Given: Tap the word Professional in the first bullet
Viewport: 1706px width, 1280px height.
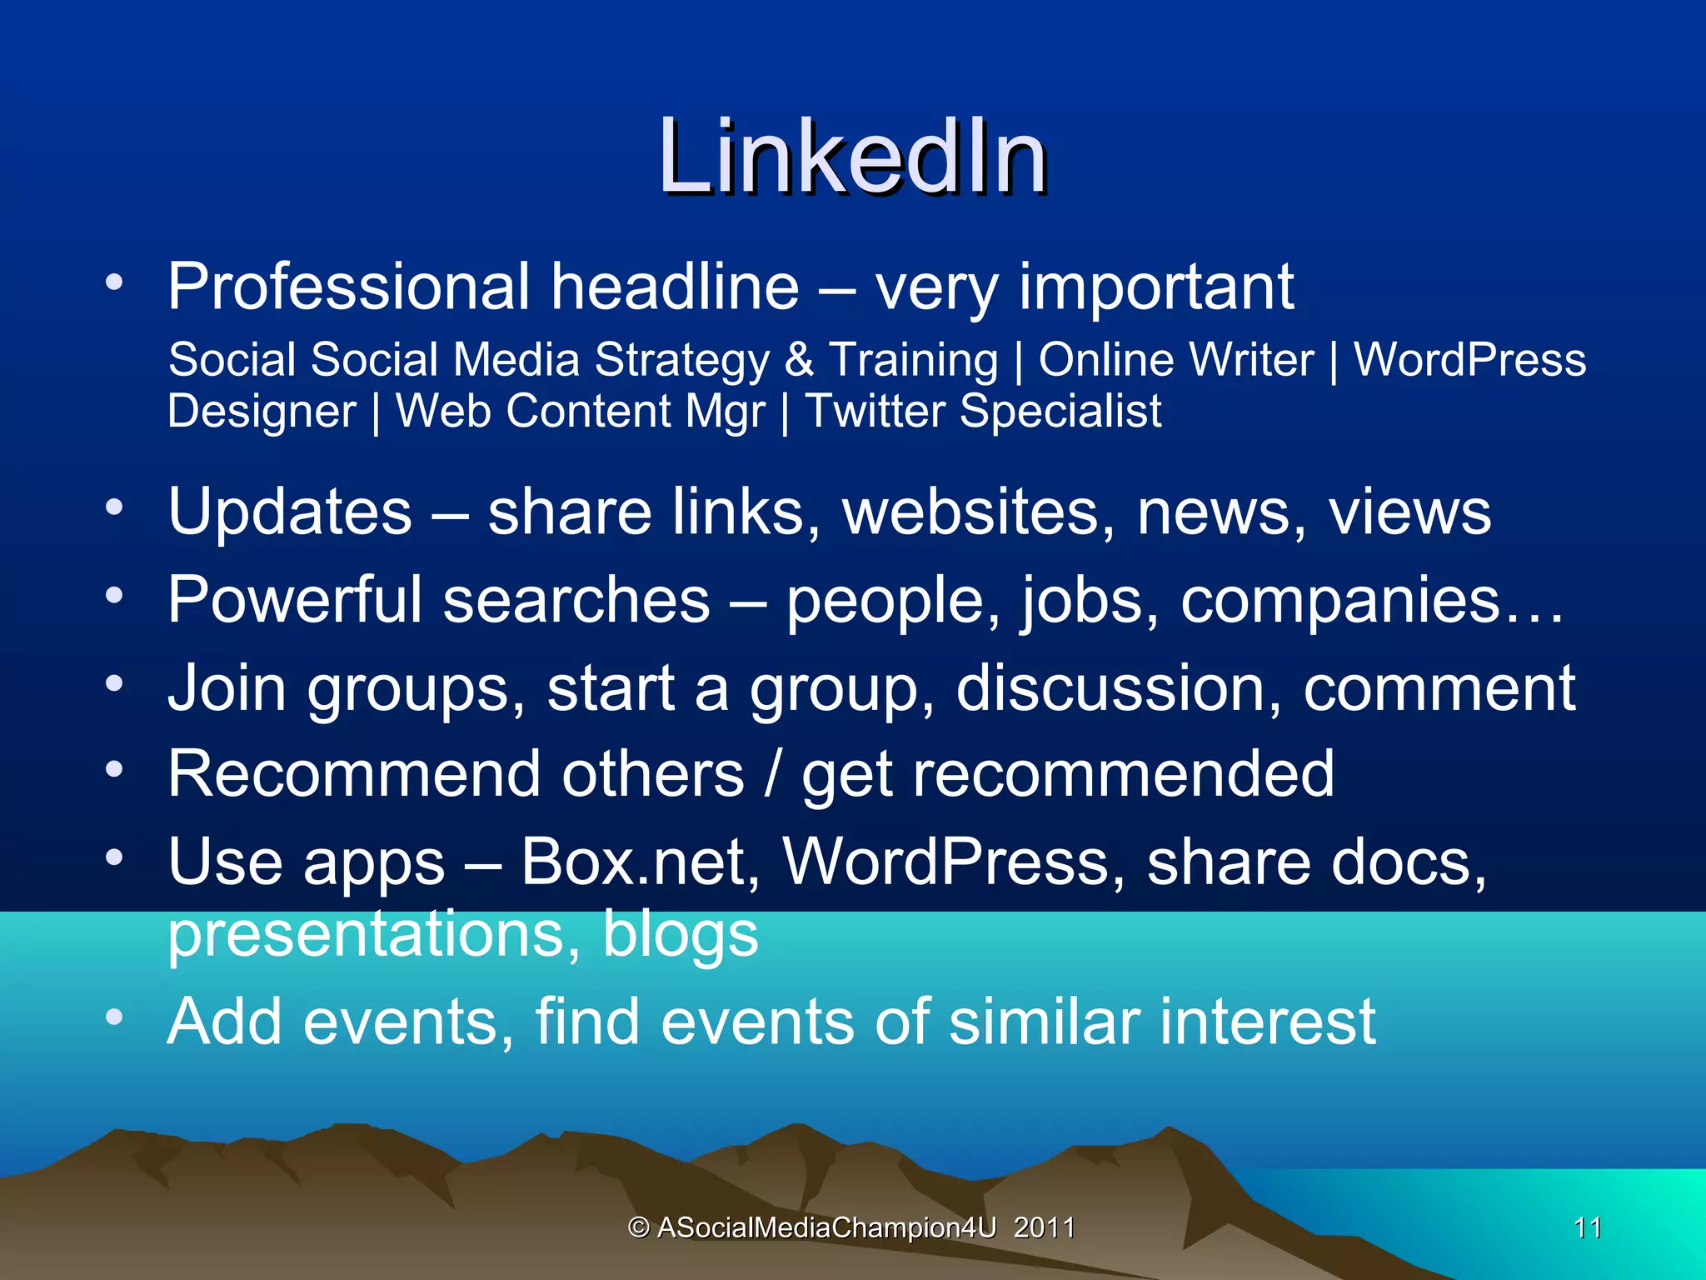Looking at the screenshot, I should click(348, 287).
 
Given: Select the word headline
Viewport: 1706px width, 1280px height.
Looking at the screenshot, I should click(675, 287).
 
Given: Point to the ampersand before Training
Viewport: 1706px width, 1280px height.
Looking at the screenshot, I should click(799, 360).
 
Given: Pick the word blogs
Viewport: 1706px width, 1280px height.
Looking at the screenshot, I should click(680, 934).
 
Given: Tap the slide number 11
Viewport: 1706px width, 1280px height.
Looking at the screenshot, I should click(1588, 1227).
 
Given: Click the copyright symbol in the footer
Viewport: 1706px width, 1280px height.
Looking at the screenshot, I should click(639, 1227).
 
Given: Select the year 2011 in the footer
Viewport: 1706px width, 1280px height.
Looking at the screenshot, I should click(1044, 1227).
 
